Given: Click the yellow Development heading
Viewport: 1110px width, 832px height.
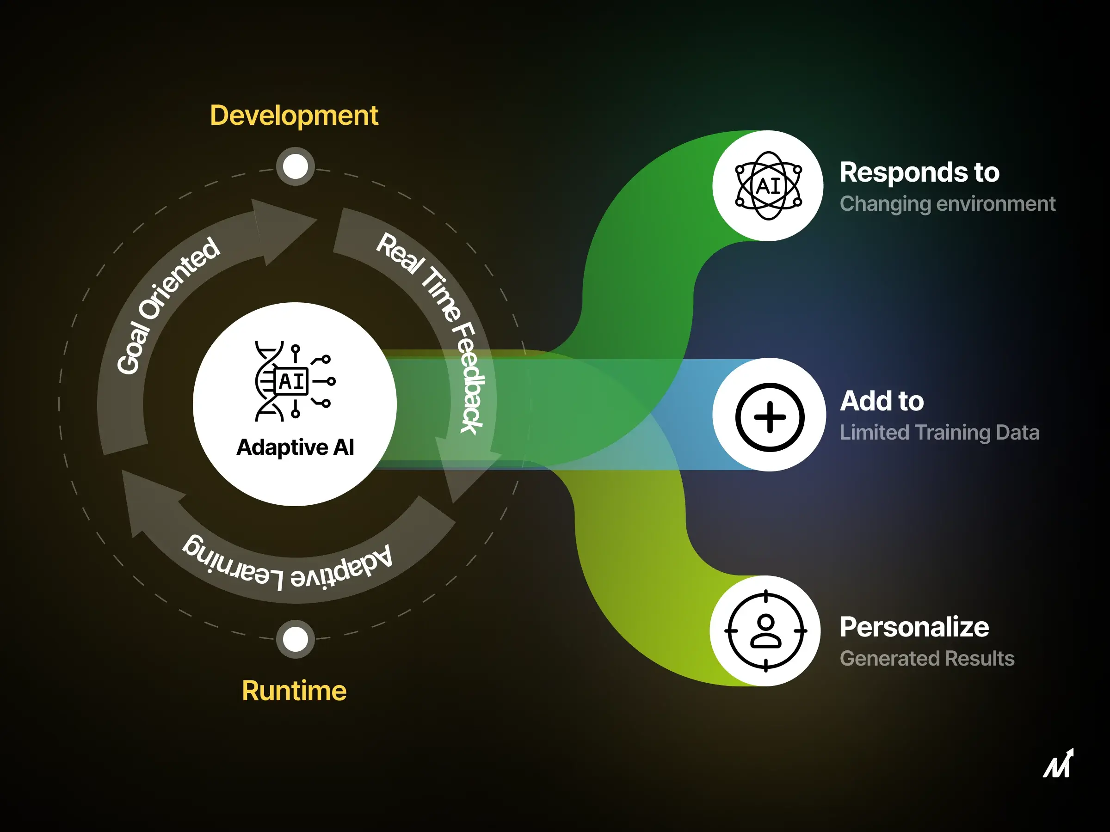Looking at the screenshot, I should tap(294, 116).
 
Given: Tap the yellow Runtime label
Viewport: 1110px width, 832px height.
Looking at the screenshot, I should tap(294, 691).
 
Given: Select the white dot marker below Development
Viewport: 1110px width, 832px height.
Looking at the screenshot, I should tap(295, 166).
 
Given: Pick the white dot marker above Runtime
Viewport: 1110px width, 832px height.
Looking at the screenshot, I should tap(295, 639).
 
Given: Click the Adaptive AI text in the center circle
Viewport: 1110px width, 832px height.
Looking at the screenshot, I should tap(295, 447).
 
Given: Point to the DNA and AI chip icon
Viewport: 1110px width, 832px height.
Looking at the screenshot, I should tap(294, 381).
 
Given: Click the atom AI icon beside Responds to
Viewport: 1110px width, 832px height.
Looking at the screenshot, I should tap(768, 185).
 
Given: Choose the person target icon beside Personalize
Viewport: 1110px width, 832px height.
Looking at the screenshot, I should tap(765, 630).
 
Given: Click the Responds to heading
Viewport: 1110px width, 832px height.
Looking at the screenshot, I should tap(919, 172).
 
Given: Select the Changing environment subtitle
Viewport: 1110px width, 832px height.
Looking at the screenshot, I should tap(947, 204).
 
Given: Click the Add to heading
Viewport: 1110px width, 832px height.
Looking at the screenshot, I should tap(882, 401).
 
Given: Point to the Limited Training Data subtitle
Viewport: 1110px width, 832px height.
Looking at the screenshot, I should tap(939, 432).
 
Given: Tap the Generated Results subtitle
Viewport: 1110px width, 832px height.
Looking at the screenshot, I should tap(927, 658).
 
